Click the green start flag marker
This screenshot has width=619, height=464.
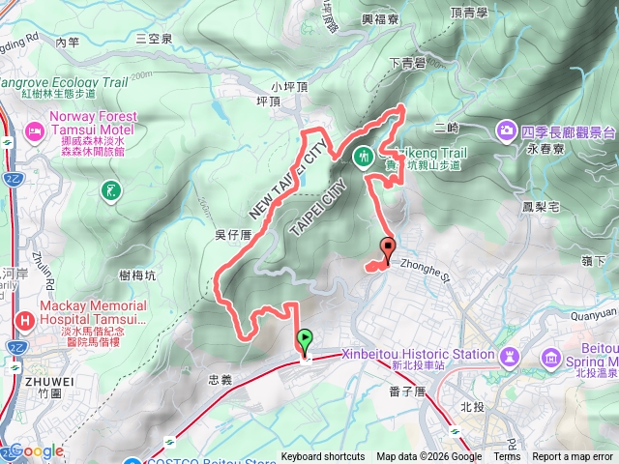306,340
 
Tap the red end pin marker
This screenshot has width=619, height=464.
389,247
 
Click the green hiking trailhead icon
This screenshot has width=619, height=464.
365,155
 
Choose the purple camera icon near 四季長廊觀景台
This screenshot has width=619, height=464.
507,130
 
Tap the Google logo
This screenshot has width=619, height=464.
36,450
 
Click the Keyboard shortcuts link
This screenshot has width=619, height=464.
323,457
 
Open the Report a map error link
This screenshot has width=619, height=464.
573,457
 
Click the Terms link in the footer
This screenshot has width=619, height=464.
507,457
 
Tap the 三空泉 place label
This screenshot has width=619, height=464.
154,39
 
